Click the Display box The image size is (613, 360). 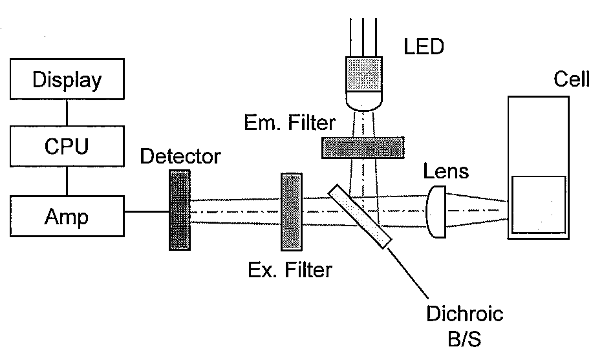(67, 79)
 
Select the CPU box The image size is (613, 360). (67, 146)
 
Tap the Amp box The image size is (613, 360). (67, 216)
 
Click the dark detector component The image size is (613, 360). (180, 210)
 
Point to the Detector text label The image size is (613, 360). (180, 156)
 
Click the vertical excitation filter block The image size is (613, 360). (292, 212)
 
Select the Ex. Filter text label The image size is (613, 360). (290, 270)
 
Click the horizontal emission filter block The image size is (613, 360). (363, 148)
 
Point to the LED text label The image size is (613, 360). (424, 47)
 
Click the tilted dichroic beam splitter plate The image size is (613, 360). (360, 216)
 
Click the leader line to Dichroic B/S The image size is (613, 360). (408, 273)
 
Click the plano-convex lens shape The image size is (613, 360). (436, 212)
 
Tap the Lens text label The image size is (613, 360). (446, 171)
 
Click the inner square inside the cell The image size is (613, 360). (539, 205)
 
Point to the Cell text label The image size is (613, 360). (572, 79)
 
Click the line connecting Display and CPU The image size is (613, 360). (67, 113)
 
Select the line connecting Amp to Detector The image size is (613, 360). (147, 212)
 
